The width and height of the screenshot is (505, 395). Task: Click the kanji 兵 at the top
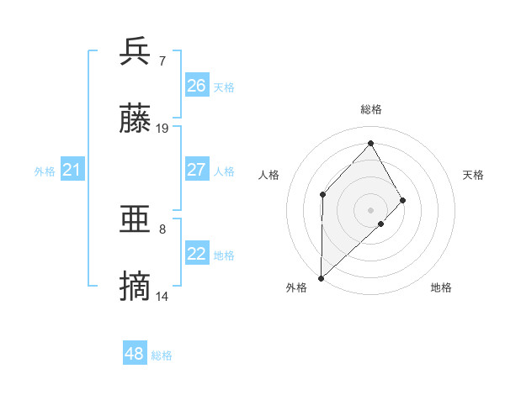tap(136, 51)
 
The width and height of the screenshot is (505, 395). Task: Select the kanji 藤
tap(136, 119)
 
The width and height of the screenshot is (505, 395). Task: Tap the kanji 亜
tap(136, 220)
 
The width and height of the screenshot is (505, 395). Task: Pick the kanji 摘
tap(136, 287)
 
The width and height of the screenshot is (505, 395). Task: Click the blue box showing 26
tap(197, 85)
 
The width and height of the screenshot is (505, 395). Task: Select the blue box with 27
tap(197, 170)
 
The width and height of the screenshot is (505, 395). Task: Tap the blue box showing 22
tap(197, 255)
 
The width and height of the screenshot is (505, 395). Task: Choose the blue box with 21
tap(72, 171)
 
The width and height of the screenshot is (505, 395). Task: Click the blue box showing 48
tap(135, 354)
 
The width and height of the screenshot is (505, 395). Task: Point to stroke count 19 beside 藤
tap(162, 129)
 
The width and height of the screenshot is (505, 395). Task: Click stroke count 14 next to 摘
tap(162, 297)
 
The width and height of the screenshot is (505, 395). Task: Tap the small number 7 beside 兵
tap(162, 61)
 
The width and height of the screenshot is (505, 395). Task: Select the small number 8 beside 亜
tap(162, 229)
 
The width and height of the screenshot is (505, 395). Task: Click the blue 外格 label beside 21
tap(45, 171)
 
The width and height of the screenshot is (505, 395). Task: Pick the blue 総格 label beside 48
tap(162, 355)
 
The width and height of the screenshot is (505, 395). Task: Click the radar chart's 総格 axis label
tap(371, 109)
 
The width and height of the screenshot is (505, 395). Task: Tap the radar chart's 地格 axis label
tap(441, 287)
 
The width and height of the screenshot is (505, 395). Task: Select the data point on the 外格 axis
tap(321, 277)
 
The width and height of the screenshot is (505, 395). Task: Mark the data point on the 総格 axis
tap(370, 143)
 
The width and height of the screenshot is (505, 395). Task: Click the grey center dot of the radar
tap(370, 209)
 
